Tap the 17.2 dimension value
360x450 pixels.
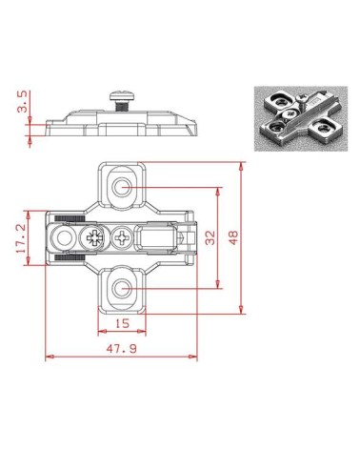click(21, 238)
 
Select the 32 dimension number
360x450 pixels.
click(210, 237)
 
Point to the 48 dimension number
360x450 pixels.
click(233, 237)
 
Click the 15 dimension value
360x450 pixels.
click(122, 323)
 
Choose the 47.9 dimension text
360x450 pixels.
click(122, 349)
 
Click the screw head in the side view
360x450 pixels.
click(122, 95)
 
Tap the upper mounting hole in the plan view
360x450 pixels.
click(122, 188)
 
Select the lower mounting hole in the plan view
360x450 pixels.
click(122, 289)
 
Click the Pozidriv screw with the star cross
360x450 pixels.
click(94, 238)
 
